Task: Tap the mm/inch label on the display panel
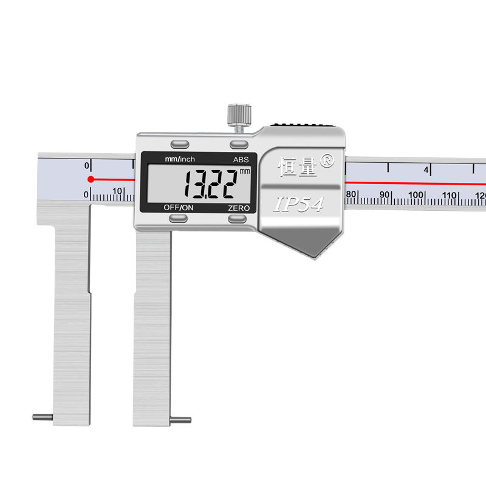click(180, 159)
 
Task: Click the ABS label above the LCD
click(241, 159)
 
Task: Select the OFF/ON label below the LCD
click(179, 207)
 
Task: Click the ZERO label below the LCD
click(239, 208)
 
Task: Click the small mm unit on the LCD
click(245, 171)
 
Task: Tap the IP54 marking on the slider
click(299, 204)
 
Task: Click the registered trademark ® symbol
click(327, 160)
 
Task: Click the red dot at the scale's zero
click(91, 179)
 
